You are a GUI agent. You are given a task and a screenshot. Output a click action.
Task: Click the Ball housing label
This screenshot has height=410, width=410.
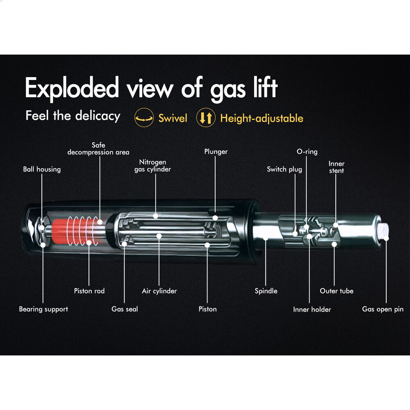click(42, 169)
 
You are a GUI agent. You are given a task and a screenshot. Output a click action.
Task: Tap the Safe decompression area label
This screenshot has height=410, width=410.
click(98, 148)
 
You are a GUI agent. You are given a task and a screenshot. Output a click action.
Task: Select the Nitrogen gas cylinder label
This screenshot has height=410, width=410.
click(153, 165)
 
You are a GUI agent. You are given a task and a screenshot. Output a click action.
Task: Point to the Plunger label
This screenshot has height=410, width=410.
click(216, 152)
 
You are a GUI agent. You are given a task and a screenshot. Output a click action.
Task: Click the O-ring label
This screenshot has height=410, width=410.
click(307, 152)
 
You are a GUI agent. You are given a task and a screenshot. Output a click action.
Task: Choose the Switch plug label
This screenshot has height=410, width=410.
click(284, 169)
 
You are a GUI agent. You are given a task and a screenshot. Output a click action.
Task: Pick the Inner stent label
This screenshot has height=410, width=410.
click(337, 167)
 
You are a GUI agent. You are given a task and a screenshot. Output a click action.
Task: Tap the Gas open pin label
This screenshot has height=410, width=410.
click(383, 309)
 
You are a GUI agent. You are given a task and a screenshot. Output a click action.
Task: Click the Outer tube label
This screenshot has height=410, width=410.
click(337, 291)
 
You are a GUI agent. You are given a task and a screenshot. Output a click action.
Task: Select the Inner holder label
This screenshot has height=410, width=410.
click(312, 310)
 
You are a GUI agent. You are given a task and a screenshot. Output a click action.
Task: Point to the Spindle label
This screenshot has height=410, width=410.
click(266, 291)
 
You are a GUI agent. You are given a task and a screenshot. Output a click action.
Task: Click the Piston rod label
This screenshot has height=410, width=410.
click(89, 291)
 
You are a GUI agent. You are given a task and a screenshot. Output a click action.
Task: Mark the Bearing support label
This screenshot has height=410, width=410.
click(43, 309)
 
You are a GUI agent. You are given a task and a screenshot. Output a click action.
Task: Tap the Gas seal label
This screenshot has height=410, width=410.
click(125, 309)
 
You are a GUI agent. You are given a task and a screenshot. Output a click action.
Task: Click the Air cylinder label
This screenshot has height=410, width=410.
click(159, 291)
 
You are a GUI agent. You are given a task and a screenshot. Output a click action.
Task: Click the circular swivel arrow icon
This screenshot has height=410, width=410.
click(144, 118)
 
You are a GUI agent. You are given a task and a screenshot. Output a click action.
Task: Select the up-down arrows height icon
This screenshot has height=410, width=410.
click(206, 118)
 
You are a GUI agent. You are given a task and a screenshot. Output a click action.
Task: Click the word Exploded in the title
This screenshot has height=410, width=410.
click(72, 88)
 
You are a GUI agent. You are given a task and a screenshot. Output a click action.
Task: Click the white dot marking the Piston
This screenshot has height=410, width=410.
click(207, 245)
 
